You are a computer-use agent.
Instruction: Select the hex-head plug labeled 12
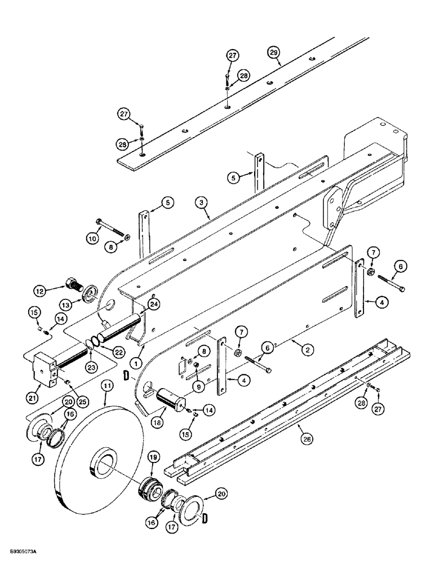click(73, 282)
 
